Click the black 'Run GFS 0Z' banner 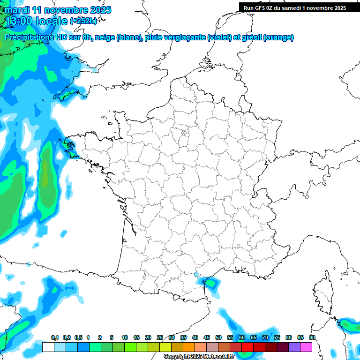tap(294, 7)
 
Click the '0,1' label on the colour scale tap(54, 338)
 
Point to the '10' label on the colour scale tap(125, 338)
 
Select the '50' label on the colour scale tap(218, 338)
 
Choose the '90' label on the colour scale tap(312, 338)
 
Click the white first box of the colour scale tap(48, 347)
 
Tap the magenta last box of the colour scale tap(306, 347)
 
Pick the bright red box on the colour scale tap(247, 347)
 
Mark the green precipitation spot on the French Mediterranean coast tap(211, 283)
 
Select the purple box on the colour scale tap(294, 347)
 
